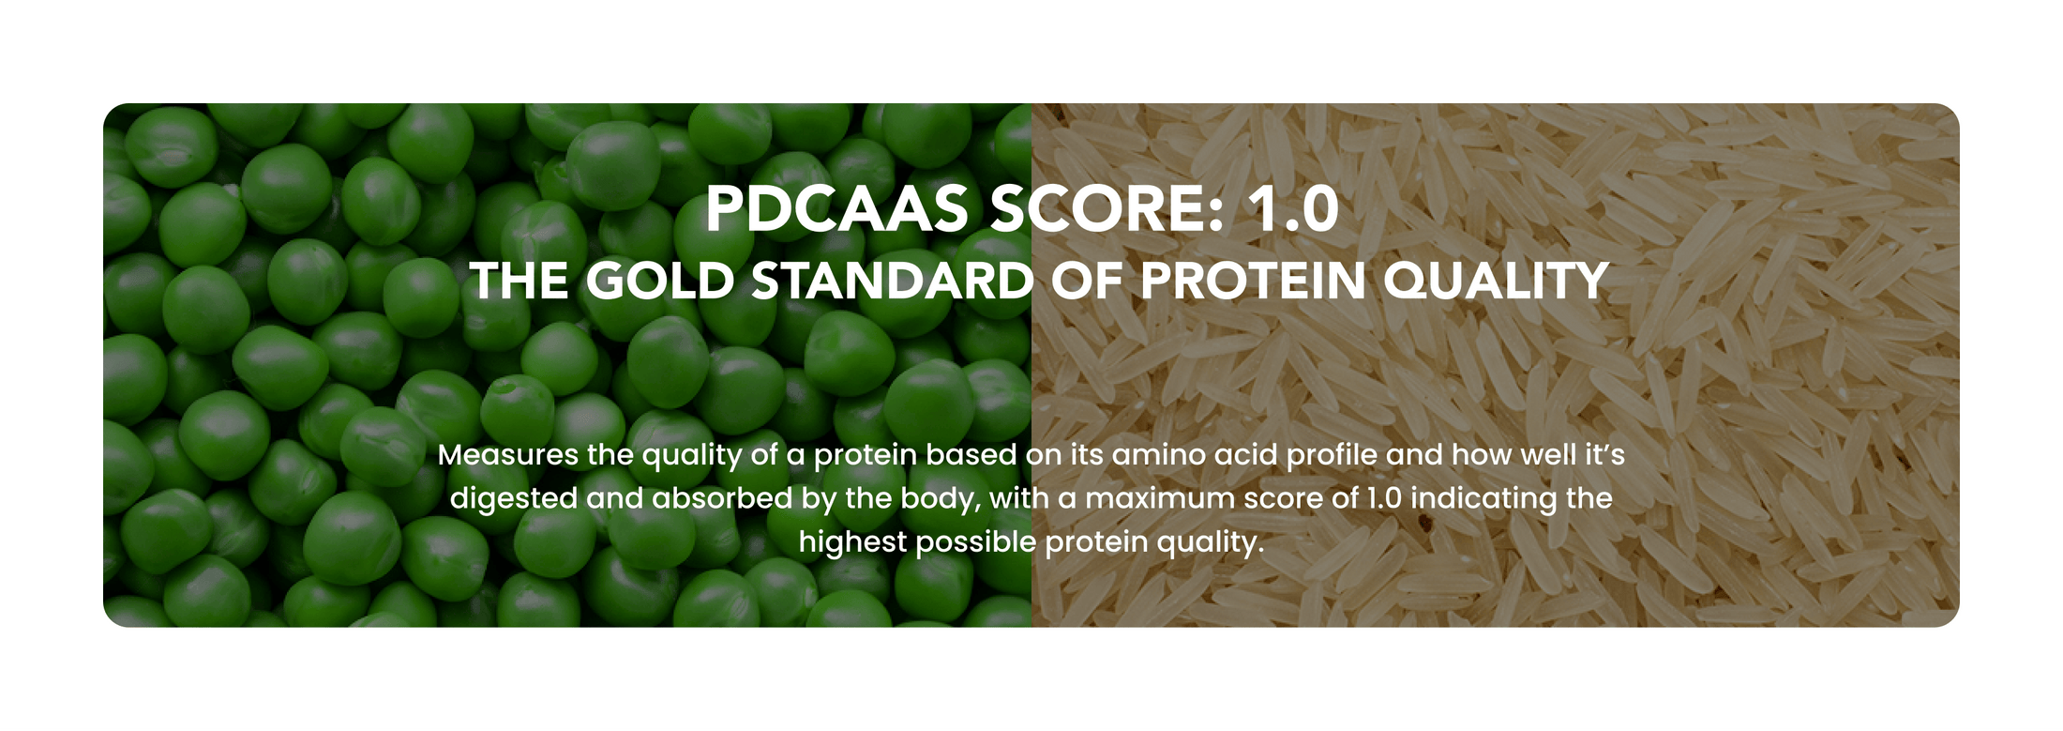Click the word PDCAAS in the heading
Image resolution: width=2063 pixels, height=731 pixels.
click(836, 208)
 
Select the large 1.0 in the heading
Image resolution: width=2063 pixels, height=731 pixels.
click(1294, 208)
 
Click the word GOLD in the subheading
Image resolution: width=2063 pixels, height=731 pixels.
click(660, 281)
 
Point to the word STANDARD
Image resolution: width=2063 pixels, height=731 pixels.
click(893, 281)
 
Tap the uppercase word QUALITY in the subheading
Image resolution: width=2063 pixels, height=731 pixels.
click(1497, 281)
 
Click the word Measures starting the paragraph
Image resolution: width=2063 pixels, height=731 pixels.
click(508, 455)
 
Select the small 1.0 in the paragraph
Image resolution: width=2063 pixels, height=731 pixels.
click(1383, 498)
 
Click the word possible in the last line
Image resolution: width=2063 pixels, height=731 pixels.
click(975, 543)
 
